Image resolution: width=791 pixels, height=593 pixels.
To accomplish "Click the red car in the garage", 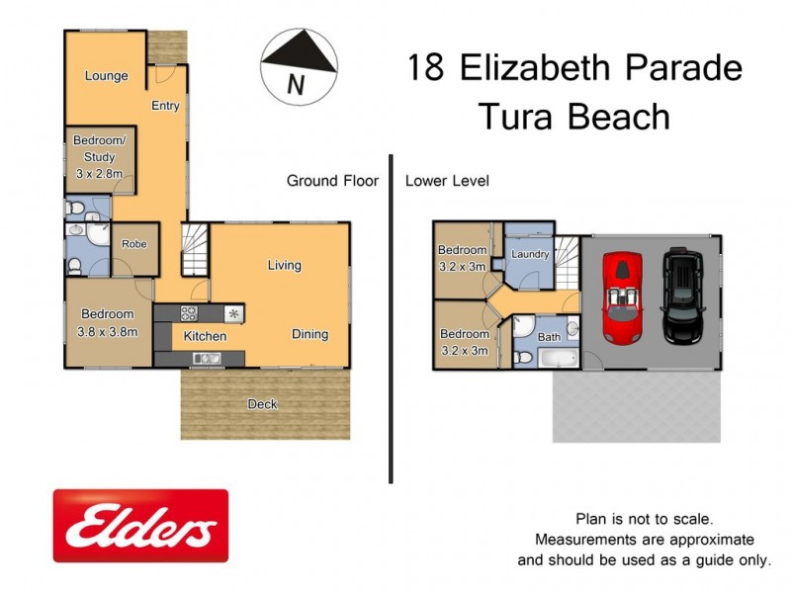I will coord(623,298).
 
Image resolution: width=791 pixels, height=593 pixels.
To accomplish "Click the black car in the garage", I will coord(682,294).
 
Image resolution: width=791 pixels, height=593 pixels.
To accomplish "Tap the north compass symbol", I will coord(298,63).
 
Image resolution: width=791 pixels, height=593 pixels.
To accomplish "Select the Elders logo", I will coord(140,526).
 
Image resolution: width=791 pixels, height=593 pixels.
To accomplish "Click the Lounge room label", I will coord(106,76).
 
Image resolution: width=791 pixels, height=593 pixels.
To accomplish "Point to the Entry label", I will coord(165,105).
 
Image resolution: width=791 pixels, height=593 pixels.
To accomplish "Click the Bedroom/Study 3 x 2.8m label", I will coord(99,157).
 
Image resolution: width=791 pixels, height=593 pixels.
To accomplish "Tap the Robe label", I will coord(134,244).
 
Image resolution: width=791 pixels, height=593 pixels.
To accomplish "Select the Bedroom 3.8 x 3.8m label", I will coord(107,323).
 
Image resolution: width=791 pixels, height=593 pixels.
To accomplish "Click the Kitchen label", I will coord(205,336).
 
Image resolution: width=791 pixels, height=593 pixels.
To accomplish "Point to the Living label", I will coord(284,265).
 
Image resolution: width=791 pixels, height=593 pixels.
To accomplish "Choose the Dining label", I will coord(309,334).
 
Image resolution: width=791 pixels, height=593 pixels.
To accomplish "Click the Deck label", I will coord(263,404).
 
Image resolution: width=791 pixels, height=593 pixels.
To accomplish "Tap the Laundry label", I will coord(530,255).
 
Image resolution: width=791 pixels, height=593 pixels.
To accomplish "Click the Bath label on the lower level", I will coord(549,337).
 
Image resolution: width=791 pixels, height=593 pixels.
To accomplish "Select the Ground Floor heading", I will coord(332,181).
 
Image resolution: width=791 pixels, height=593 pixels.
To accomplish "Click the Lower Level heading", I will coord(447,181).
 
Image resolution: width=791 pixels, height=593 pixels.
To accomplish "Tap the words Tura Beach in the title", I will coord(574,117).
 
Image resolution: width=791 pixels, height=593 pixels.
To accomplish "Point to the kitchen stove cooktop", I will coord(188,313).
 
